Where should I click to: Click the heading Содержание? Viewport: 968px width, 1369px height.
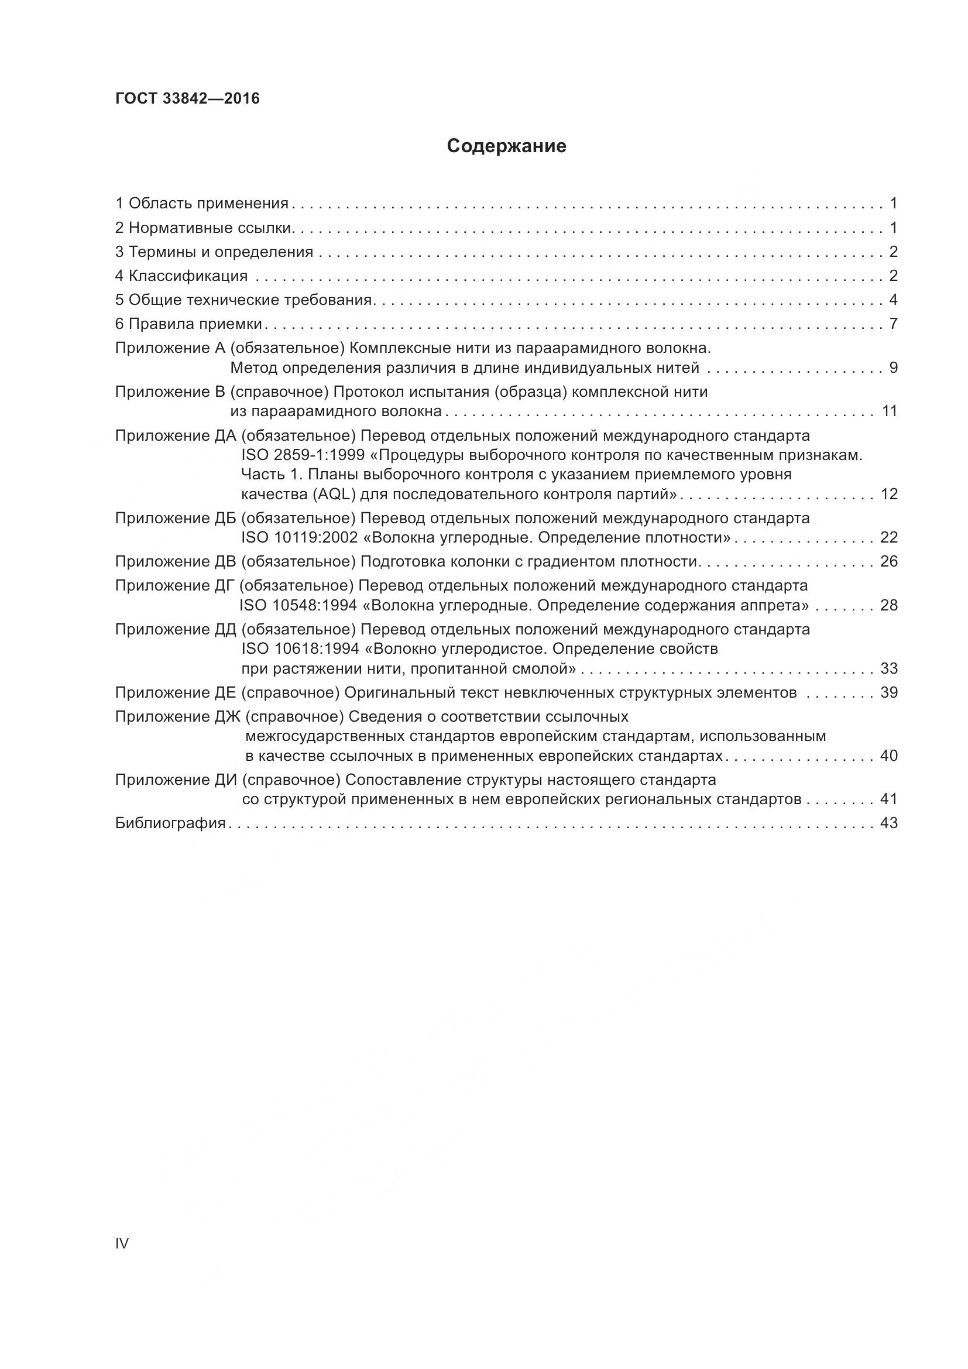(x=506, y=146)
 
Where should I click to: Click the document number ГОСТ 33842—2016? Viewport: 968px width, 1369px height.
(x=187, y=98)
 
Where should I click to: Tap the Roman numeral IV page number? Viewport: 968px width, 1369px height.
(x=122, y=1244)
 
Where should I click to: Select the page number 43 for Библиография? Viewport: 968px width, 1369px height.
(x=888, y=824)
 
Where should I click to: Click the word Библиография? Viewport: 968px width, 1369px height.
(x=170, y=824)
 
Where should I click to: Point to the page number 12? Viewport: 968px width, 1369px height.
(x=888, y=495)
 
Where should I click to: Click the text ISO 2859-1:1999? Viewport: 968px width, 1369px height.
(x=303, y=455)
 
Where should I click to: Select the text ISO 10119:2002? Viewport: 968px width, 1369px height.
(x=299, y=538)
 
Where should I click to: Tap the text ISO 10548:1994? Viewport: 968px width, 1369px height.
(x=298, y=606)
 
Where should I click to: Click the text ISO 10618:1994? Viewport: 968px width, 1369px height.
(x=300, y=649)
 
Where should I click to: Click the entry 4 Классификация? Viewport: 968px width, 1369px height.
(x=181, y=276)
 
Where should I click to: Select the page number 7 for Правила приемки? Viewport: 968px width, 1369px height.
(x=893, y=324)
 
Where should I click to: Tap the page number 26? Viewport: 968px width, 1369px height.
(x=888, y=562)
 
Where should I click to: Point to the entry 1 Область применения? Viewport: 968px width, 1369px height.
(x=201, y=204)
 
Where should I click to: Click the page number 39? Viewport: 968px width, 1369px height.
(x=888, y=693)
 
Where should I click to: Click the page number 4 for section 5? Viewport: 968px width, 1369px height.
(x=893, y=300)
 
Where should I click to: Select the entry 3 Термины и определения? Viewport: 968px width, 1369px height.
(x=214, y=252)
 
